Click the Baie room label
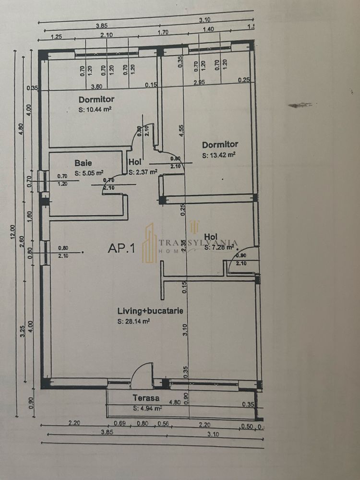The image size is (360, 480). (83, 163)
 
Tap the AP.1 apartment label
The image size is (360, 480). (121, 249)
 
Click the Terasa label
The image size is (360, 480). (146, 398)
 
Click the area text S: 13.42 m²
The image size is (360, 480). (218, 155)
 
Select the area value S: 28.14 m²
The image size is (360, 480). (133, 322)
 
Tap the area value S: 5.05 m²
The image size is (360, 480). (89, 173)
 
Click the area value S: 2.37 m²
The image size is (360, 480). (143, 171)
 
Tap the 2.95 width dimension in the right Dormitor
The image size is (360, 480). (200, 83)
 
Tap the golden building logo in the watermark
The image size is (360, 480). (149, 243)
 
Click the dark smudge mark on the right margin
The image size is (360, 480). (300, 104)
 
